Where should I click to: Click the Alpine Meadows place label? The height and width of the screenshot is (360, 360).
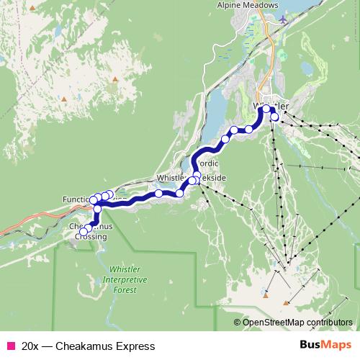coord(248,5)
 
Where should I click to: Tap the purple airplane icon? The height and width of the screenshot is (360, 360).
coord(286,19)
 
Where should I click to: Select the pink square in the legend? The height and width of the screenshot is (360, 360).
coord(9,346)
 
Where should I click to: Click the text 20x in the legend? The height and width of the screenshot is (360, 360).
coord(30,346)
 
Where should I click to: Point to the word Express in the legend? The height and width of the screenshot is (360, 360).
coord(135,346)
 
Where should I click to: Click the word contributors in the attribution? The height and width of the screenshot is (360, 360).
coord(328,323)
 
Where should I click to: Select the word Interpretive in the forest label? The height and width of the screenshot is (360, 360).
coord(125,279)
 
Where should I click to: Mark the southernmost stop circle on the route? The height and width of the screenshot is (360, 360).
coord(84,232)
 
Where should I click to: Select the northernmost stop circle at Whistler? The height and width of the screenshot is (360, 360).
coord(266,109)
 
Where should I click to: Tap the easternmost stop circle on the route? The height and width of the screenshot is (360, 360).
coord(274,116)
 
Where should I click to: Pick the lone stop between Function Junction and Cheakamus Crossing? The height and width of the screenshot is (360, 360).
coord(97,209)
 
